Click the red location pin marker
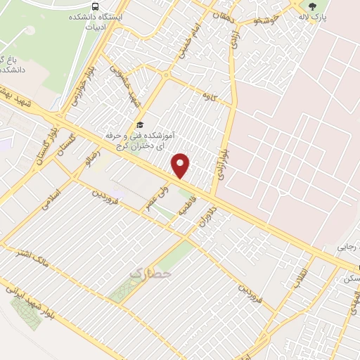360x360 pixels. point(181,165)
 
